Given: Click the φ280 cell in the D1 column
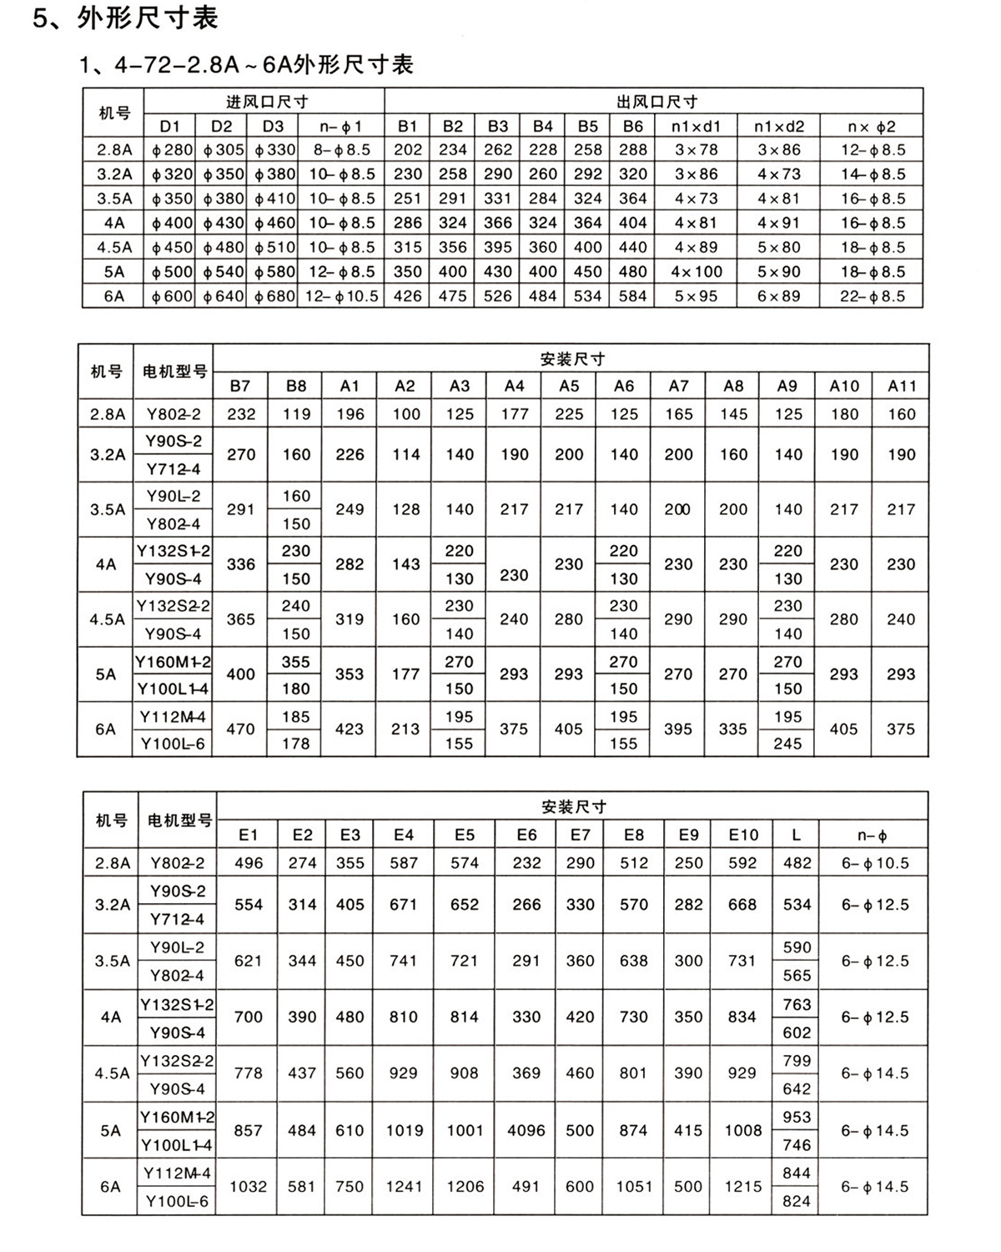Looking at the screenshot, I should pos(171,151).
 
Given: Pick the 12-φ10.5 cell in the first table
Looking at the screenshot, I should pos(341,296).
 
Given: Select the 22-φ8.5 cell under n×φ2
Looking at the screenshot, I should pos(873,296).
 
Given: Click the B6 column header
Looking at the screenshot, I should pos(633,127).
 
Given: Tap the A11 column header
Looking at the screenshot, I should pos(902,386).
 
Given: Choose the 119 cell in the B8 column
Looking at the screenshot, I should pos(296,414).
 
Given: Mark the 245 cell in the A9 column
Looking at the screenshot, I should pos(788,744).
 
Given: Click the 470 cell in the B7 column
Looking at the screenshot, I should pos(240,729).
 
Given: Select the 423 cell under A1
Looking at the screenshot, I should pos(350,729).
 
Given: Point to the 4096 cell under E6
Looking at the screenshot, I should pos(526,1131).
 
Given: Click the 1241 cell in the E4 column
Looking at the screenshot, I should pos(404,1187).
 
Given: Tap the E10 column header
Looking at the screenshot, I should pos(743,835).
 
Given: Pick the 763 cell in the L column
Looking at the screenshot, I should pos(797,1004).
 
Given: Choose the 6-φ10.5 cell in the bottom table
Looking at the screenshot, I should pos(875,863).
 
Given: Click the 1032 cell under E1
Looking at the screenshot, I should pos(249,1187).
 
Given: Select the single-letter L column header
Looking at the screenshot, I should pos(797,835).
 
